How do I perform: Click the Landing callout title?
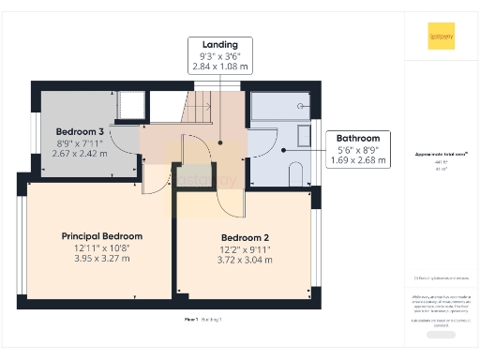[x=219, y=44]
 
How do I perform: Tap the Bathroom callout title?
[x=358, y=138]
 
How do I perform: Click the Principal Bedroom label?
[x=101, y=235]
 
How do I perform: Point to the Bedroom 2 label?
[x=245, y=237]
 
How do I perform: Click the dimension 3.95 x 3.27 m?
[x=101, y=259]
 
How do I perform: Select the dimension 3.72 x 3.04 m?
[x=245, y=260]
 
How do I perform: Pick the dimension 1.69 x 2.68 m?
[x=358, y=160]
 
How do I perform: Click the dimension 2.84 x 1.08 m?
[x=219, y=67]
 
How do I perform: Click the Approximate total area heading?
[x=441, y=154]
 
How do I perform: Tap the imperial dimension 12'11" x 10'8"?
[x=101, y=247]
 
